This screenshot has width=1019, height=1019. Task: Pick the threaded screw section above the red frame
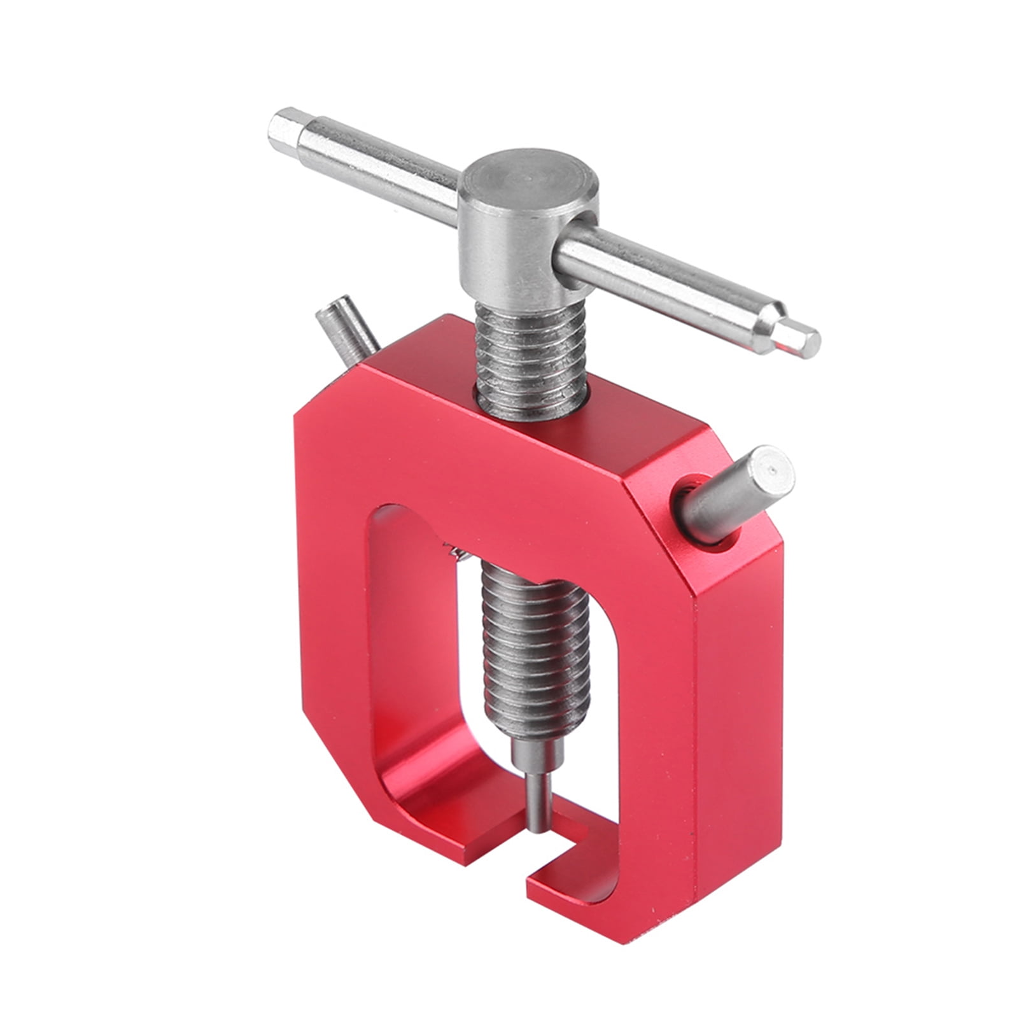(530, 356)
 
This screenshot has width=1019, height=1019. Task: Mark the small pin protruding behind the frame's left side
(347, 334)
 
